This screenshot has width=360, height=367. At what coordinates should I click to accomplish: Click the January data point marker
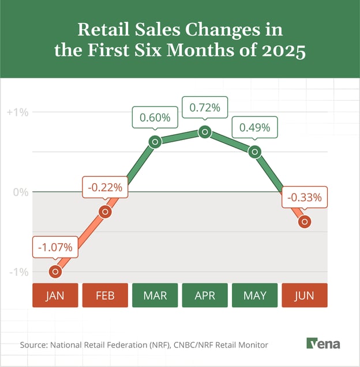coord(56,271)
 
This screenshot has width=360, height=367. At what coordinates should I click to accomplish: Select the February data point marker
coord(105,211)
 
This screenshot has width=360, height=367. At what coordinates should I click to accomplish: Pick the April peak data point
coord(204,132)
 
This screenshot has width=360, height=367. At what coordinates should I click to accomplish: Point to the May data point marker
coord(254,152)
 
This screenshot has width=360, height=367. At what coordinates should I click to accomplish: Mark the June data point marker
coord(304,221)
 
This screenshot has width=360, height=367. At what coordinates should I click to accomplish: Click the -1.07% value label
coord(55,248)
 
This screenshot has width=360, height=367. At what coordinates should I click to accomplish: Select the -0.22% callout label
coord(105,187)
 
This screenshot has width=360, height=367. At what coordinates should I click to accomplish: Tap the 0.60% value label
coord(155,118)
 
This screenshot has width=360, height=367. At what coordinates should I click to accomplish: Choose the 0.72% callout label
coord(205,108)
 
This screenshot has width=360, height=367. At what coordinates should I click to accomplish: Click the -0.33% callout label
coord(305,198)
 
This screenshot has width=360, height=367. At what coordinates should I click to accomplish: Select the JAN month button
coord(55,296)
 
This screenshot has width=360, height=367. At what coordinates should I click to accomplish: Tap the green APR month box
coord(205,296)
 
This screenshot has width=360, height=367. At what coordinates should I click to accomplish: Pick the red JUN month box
coord(305,296)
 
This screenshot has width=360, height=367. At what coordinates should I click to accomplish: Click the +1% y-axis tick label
coord(17,112)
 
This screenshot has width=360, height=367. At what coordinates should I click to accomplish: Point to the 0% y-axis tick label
coord(21,192)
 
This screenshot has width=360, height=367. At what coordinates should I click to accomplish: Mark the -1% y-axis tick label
coord(18,271)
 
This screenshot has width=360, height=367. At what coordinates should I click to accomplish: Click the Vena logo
coord(323,344)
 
